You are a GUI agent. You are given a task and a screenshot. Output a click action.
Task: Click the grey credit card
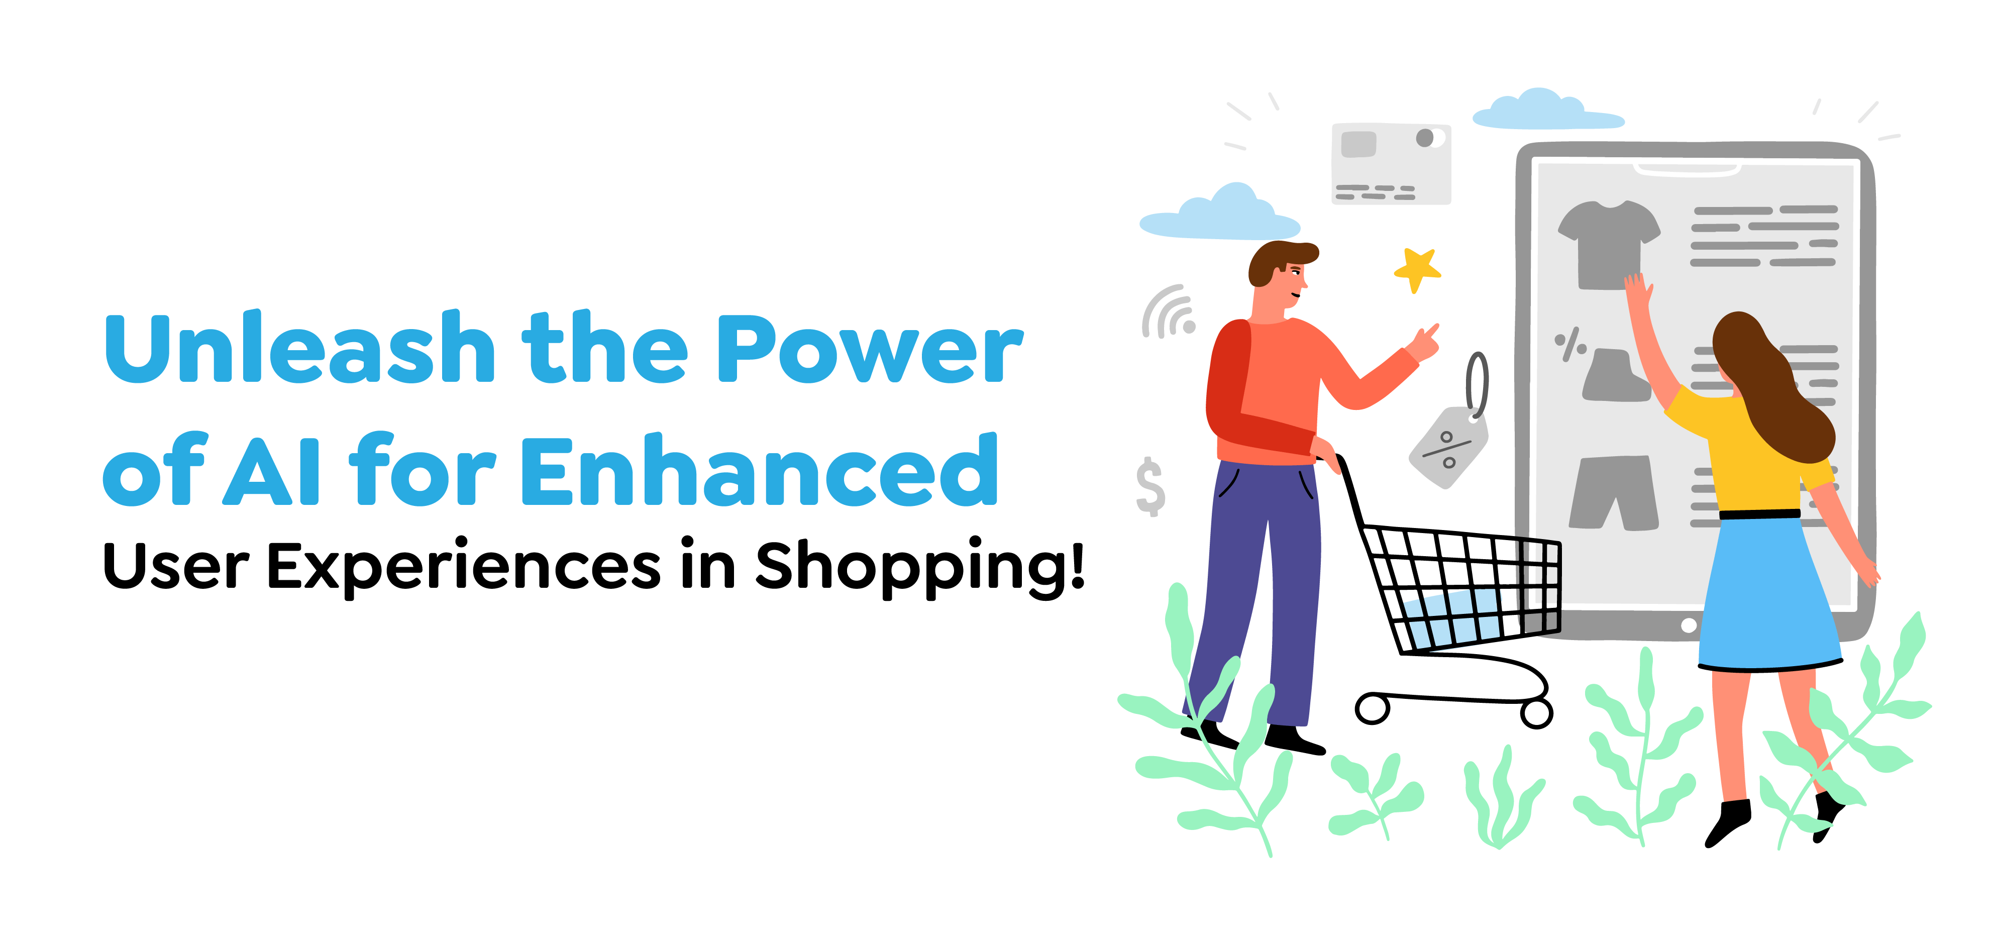(x=1391, y=164)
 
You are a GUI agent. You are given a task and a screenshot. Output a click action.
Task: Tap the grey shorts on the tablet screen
(x=1614, y=492)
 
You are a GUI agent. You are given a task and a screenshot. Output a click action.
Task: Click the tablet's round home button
(x=1689, y=625)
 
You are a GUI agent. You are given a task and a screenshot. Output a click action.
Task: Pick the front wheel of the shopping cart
(x=1373, y=708)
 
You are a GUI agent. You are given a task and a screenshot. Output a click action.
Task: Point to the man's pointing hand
(x=1424, y=342)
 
